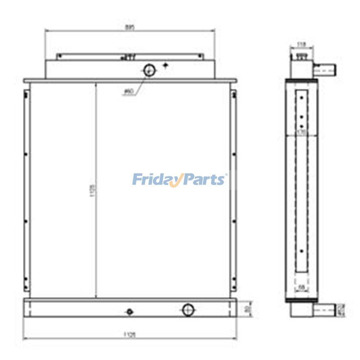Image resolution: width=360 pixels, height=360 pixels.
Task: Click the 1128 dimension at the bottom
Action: coord(130,334)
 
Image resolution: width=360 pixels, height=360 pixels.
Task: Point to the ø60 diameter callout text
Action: coord(128,92)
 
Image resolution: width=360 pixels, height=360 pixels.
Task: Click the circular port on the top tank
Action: coord(149,70)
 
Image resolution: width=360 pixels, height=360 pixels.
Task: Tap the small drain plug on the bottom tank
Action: coord(130,311)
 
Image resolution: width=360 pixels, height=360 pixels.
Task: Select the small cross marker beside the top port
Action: coord(166,66)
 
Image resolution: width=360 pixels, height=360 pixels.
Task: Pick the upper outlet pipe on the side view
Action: coord(325,70)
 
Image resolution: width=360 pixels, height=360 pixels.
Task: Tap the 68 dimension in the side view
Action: coord(302,287)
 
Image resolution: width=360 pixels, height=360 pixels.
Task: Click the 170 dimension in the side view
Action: coord(302,133)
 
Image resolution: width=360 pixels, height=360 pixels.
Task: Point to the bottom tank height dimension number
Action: coord(247,309)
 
